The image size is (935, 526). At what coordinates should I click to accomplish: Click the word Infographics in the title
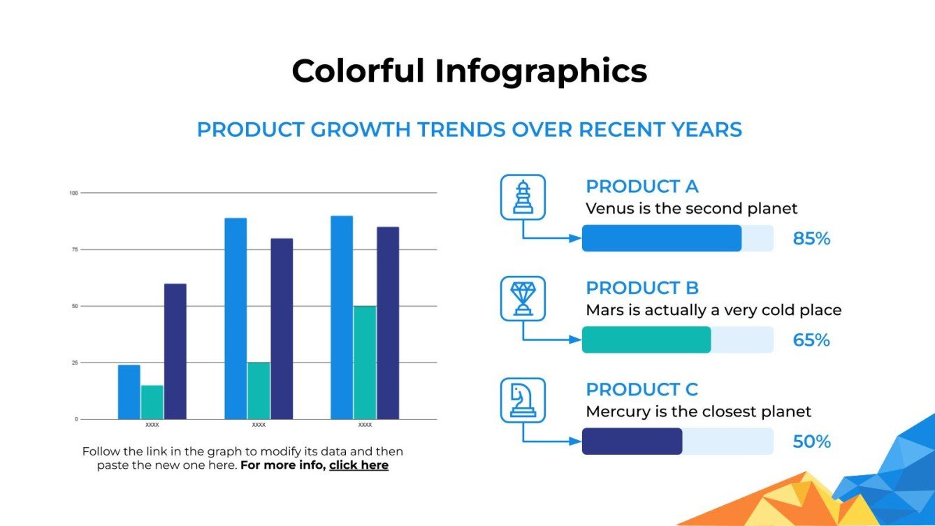pos(541,71)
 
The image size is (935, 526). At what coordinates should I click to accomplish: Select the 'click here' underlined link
pos(358,465)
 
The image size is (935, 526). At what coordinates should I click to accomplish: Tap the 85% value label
pos(811,239)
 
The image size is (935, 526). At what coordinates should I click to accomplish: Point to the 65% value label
pos(811,340)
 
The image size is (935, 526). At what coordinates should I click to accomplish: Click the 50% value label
pos(811,441)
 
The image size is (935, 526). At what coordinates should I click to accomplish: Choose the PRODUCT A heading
pos(642,187)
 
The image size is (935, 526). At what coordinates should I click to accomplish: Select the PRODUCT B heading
pos(642,288)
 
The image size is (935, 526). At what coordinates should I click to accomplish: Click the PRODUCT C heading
pos(642,389)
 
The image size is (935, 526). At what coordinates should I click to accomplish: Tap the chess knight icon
pos(523,400)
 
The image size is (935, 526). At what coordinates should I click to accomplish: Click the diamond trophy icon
pos(523,298)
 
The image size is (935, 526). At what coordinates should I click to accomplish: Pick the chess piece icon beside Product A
pos(523,197)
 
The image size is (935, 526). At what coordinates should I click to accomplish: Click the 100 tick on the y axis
pos(73,193)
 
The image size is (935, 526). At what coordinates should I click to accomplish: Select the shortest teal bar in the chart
pos(152,402)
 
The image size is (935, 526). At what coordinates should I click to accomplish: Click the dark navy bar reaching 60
pos(175,351)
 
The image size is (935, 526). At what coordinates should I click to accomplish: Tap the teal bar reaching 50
pos(365,363)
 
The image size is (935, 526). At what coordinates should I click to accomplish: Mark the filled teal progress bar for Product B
pos(646,340)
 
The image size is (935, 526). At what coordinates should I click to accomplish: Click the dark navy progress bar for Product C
pos(632,441)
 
